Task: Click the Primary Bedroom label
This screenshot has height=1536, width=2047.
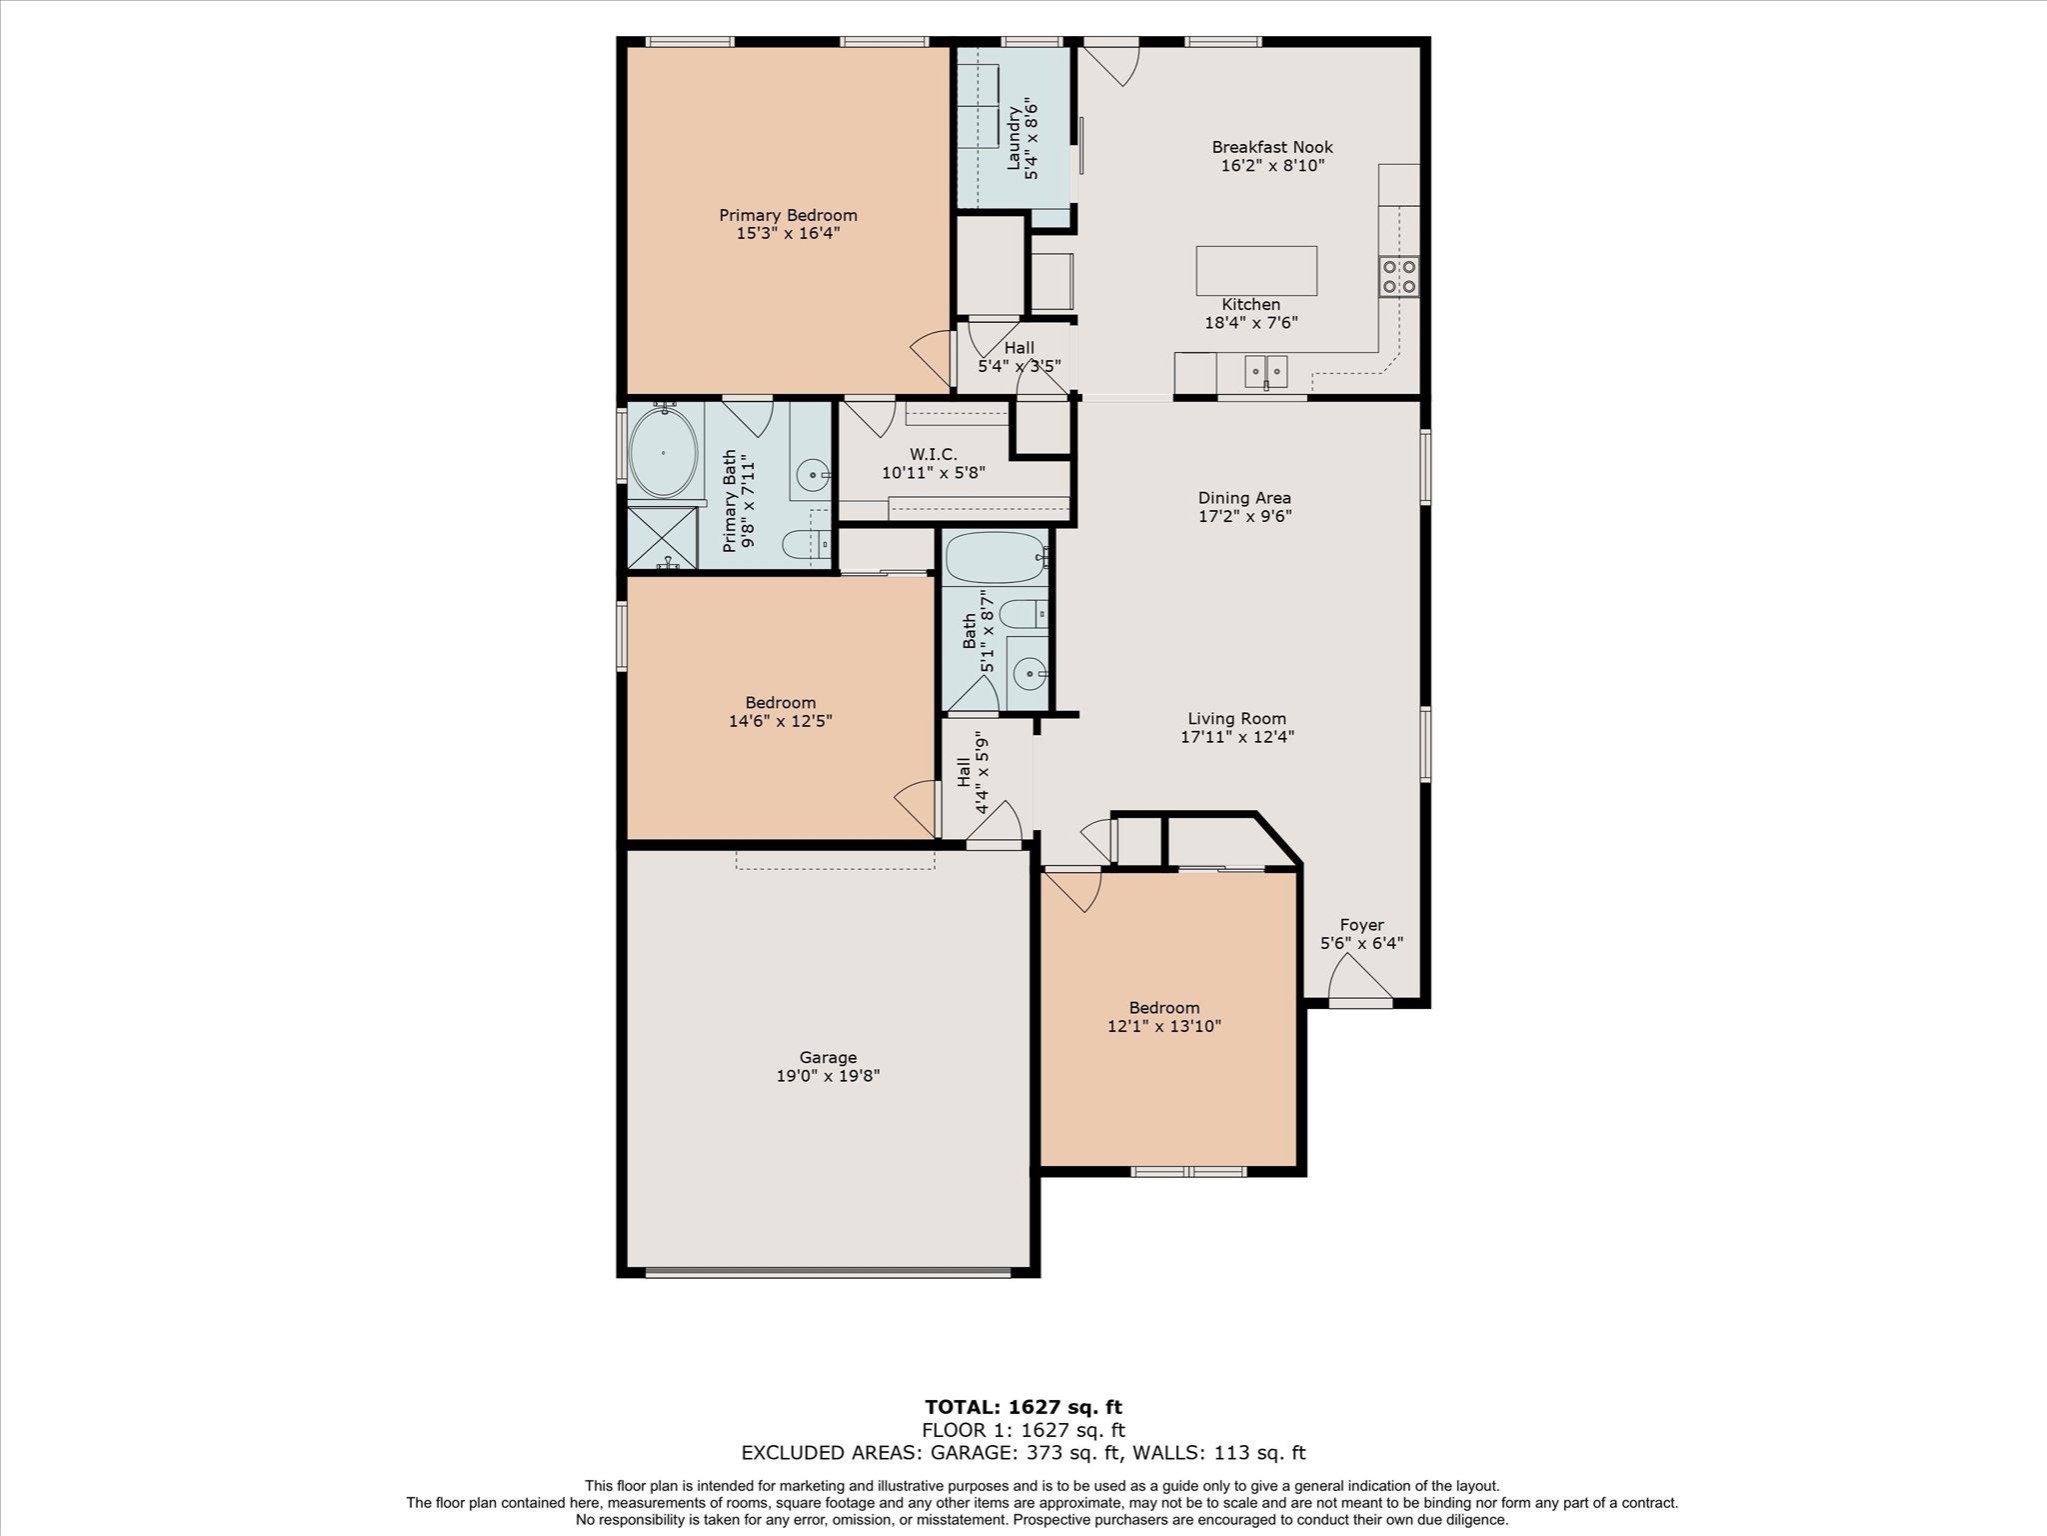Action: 788,215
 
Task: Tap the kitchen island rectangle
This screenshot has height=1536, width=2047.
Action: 1256,270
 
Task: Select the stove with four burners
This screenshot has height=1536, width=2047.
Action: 1398,276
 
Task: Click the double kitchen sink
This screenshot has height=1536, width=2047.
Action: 1265,371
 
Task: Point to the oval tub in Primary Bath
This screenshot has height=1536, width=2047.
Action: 664,452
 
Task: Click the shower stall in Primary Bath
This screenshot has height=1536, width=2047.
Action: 662,538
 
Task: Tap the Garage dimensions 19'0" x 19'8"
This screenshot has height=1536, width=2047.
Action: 828,1076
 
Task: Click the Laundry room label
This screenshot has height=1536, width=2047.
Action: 1022,140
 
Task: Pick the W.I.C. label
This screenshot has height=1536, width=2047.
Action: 933,454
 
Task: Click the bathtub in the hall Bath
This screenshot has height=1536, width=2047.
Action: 996,557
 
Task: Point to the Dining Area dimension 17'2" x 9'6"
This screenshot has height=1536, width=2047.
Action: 1244,516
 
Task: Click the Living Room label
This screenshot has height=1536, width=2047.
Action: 1236,718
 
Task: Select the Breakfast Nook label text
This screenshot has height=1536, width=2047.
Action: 1271,147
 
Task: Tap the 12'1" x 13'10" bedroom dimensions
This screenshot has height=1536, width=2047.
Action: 1163,1026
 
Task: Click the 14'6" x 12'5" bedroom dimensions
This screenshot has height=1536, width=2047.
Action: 780,720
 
